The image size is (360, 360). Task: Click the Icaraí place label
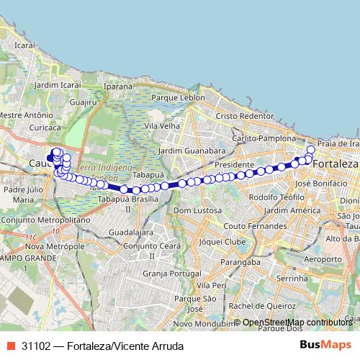[24, 45]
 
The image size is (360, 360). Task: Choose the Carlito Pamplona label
[264, 138]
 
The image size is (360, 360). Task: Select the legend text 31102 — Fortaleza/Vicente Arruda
[102, 346]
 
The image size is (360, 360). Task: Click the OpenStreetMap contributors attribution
[297, 323]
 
